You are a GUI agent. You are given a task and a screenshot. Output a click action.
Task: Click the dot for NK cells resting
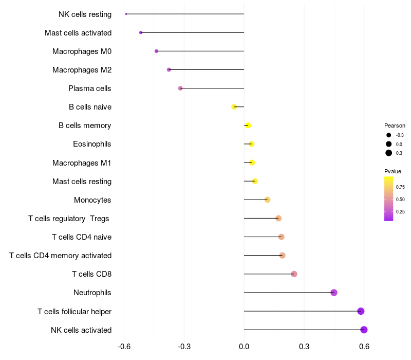[126, 14]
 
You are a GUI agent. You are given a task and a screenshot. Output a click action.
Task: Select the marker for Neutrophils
[334, 293]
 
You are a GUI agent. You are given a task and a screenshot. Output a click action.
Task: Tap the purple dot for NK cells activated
[364, 330]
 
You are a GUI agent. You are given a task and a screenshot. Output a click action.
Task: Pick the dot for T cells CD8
[294, 274]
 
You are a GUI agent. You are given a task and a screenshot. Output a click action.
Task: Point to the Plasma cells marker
[180, 88]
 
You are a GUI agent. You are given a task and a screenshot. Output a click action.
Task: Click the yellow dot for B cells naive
[234, 107]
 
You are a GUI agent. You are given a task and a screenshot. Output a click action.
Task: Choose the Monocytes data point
[267, 200]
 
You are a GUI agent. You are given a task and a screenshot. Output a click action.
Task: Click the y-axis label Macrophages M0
[82, 51]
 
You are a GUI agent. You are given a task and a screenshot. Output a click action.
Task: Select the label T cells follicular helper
[74, 311]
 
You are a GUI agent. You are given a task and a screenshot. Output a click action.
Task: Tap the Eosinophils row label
[92, 144]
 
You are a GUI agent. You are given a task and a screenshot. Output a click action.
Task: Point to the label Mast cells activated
[78, 33]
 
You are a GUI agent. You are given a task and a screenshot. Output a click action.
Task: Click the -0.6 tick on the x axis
[124, 347]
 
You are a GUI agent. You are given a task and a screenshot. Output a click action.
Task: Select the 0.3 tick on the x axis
[304, 347]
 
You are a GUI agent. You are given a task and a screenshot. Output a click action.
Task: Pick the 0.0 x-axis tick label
[244, 347]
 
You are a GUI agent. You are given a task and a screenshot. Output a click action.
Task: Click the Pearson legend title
[395, 125]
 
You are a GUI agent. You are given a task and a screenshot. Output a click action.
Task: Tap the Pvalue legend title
[393, 171]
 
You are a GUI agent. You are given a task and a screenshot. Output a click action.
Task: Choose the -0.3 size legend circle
[389, 135]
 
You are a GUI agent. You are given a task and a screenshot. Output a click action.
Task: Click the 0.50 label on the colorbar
[400, 199]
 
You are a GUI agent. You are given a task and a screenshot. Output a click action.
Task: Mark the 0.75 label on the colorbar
[400, 187]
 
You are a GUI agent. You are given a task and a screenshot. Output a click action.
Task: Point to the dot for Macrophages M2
[169, 70]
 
